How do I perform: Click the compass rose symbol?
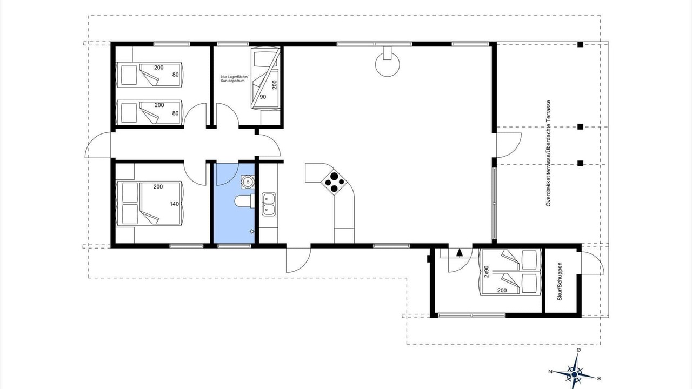[574, 374]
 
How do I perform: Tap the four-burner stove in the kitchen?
[334, 182]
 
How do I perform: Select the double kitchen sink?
[269, 204]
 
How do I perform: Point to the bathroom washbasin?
[248, 182]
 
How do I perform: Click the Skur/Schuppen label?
[560, 281]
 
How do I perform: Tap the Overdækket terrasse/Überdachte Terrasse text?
[548, 153]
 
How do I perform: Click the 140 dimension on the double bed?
[174, 204]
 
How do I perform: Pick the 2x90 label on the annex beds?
[487, 272]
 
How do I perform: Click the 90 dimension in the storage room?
[263, 97]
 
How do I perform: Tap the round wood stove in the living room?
[388, 63]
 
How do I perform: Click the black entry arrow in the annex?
[460, 252]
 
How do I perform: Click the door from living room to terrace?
[509, 145]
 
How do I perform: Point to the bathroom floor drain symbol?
[252, 231]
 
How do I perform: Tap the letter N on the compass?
[550, 372]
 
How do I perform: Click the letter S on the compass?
[599, 379]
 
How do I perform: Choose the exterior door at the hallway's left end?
[98, 145]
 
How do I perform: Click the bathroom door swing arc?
[227, 175]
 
